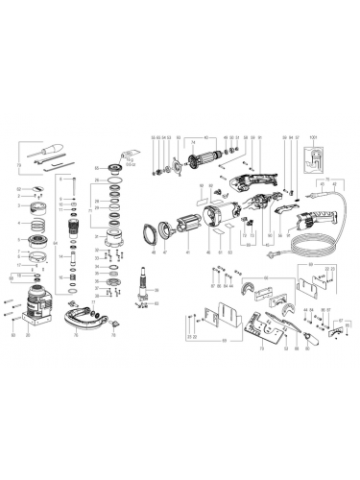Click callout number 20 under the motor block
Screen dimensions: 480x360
[27, 338]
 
